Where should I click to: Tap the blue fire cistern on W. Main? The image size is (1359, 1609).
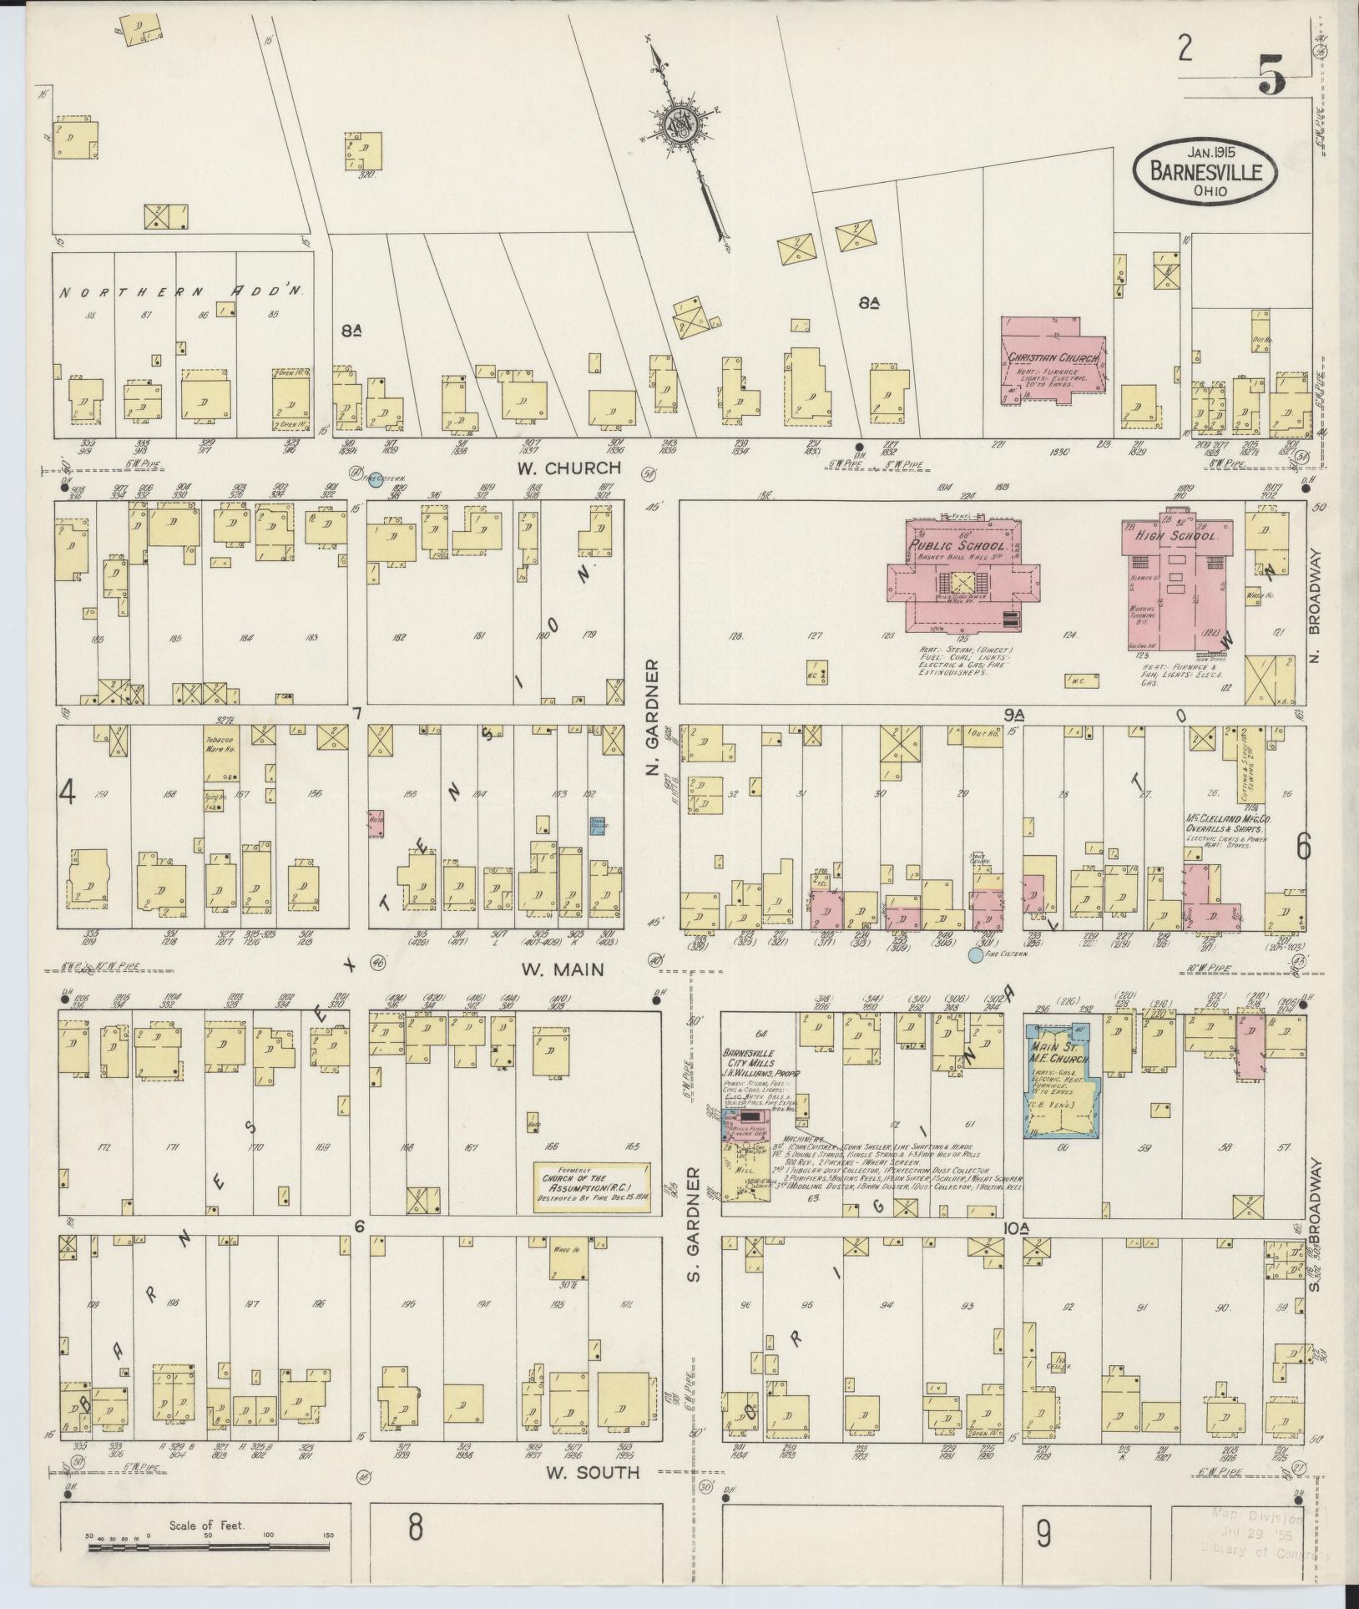(974, 954)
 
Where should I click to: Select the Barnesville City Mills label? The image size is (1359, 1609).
(756, 1059)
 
